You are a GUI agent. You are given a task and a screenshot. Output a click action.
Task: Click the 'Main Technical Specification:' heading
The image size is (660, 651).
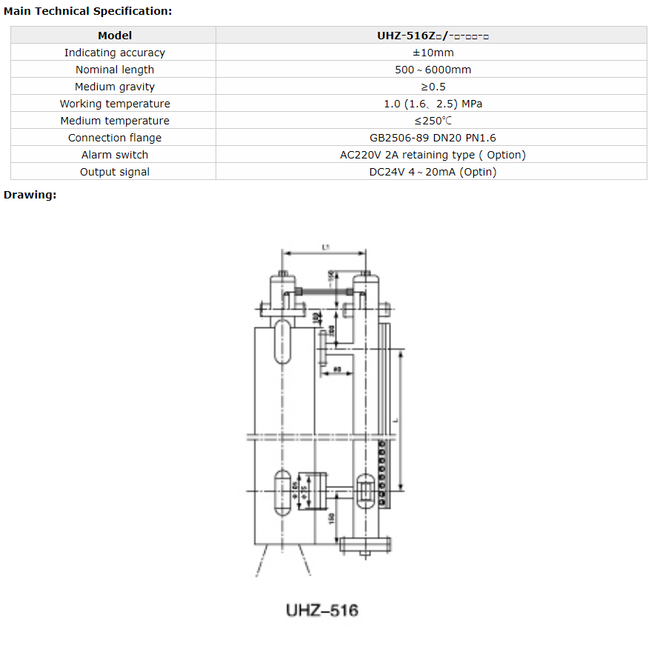pyautogui.click(x=88, y=11)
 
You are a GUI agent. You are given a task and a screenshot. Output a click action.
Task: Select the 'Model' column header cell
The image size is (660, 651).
pyautogui.click(x=115, y=36)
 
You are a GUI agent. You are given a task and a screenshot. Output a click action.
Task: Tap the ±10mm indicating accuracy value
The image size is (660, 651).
pyautogui.click(x=433, y=53)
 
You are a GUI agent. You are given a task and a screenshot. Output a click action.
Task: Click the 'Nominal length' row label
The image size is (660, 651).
pyautogui.click(x=115, y=70)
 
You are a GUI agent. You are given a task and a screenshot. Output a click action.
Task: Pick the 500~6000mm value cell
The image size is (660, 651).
pyautogui.click(x=433, y=70)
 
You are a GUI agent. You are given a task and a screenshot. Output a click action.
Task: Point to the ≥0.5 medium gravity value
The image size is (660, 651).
pyautogui.click(x=433, y=87)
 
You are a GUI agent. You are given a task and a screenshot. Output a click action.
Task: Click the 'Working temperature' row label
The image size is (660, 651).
pyautogui.click(x=115, y=104)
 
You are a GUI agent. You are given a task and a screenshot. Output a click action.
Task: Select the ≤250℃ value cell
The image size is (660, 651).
pyautogui.click(x=433, y=121)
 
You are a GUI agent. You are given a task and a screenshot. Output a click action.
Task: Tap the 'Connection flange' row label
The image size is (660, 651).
pyautogui.click(x=115, y=138)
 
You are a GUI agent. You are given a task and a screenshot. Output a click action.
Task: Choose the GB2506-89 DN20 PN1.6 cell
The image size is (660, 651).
pyautogui.click(x=433, y=138)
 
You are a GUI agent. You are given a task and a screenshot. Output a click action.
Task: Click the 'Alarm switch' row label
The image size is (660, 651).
pyautogui.click(x=115, y=155)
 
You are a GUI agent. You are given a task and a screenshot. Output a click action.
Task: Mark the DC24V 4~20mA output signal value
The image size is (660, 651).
pyautogui.click(x=433, y=172)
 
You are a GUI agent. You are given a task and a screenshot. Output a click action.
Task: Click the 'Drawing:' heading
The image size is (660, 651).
pyautogui.click(x=30, y=195)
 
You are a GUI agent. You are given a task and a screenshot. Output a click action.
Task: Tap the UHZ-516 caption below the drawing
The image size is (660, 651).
pyautogui.click(x=321, y=610)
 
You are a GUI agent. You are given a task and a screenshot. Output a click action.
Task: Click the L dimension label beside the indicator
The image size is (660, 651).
pyautogui.click(x=396, y=419)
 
